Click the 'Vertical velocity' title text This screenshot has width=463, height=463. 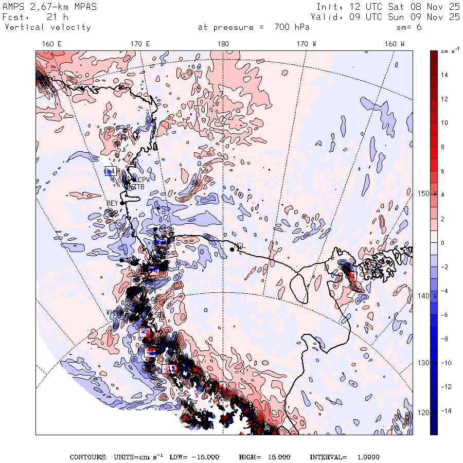click(47, 27)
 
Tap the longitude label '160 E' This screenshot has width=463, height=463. click(51, 44)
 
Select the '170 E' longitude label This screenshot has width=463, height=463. click(140, 44)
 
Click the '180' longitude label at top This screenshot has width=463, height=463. click(222, 44)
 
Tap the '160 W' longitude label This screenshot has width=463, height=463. click(394, 44)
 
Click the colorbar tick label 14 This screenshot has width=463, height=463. click(444, 75)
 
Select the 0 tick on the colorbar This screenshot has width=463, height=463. click(444, 243)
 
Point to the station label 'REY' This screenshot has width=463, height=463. click(112, 203)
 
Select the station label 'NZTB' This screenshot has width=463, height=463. click(136, 186)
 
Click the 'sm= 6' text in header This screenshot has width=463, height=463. click(409, 27)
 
